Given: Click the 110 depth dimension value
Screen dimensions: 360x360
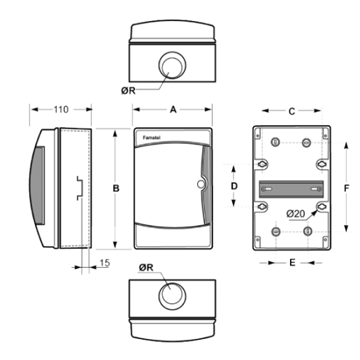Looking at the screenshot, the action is pos(61,109).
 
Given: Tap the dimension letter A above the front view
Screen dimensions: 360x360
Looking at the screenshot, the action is pos(173,109).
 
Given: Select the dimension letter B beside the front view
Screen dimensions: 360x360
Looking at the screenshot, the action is pos(116,188).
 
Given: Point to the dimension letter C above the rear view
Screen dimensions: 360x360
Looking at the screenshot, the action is pos(291,112).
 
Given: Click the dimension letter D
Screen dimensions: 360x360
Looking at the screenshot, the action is pos(234,186).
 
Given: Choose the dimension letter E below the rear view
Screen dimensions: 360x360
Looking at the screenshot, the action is pos(292,263).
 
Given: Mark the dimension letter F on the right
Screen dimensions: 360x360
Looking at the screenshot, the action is pos(347,188).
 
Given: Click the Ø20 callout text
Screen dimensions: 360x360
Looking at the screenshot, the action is pos(296,213).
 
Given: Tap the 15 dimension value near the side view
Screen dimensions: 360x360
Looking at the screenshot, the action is pos(105,263).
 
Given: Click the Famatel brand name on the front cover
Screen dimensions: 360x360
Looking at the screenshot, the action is pos(152,138).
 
